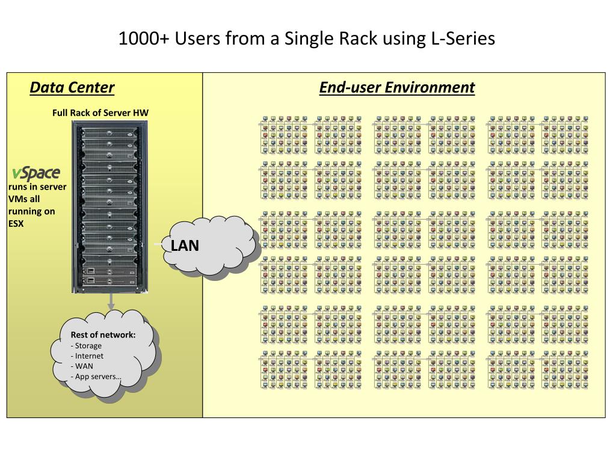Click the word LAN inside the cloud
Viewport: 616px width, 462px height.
point(185,245)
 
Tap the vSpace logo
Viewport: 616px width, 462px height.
point(36,173)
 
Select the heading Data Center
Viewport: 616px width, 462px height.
point(72,87)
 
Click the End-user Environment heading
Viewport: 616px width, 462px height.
point(397,87)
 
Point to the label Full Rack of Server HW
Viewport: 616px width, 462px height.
point(100,112)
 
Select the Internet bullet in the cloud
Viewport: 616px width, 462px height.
point(87,356)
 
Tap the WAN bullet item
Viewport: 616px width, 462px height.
point(82,366)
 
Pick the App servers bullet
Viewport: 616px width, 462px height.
point(96,377)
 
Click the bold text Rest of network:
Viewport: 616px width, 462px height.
point(103,334)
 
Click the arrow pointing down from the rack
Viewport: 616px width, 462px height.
point(111,301)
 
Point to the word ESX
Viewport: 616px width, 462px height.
point(16,224)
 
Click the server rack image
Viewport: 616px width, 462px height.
point(109,207)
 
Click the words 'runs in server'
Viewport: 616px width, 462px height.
point(37,187)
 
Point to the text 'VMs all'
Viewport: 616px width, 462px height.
point(24,199)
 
